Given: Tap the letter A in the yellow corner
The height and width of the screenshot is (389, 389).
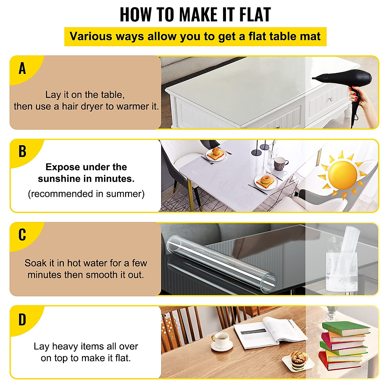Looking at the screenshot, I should [22, 68].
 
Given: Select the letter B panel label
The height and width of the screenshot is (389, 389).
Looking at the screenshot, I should [22, 151].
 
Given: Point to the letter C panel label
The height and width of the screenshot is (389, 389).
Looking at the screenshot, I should [22, 235].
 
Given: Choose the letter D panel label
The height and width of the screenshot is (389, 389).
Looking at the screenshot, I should [22, 320].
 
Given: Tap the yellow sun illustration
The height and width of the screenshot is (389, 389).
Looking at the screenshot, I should [342, 175].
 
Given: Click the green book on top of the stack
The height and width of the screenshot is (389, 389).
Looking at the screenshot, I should [345, 329].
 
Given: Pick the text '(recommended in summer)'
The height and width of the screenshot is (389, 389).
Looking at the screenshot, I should [86, 194].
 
